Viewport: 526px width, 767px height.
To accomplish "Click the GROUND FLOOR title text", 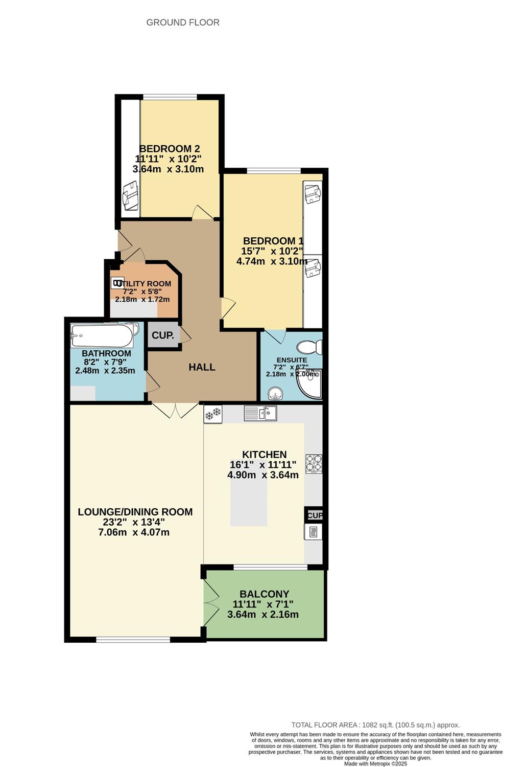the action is pyautogui.click(x=183, y=22).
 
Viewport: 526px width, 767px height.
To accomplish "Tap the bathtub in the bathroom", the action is pyautogui.click(x=102, y=335).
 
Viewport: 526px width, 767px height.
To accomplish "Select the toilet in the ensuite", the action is pyautogui.click(x=309, y=347).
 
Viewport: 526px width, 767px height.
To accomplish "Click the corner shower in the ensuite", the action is pyautogui.click(x=309, y=384).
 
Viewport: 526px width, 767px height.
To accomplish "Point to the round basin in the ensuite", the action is pyautogui.click(x=276, y=393).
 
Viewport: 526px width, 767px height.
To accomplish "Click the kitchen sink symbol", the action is pyautogui.click(x=260, y=413).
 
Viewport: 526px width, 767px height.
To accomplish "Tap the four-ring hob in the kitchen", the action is pyautogui.click(x=314, y=464).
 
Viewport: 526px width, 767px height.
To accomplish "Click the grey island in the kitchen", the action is pyautogui.click(x=249, y=492).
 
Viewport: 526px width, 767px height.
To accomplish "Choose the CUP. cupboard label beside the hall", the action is pyautogui.click(x=163, y=335).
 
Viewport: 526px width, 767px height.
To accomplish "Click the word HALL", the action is pyautogui.click(x=202, y=367).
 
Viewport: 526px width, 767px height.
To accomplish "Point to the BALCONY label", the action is pyautogui.click(x=265, y=594).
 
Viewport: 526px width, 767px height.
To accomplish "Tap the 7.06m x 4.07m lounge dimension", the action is pyautogui.click(x=134, y=532).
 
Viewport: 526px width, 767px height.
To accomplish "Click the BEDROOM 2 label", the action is pyautogui.click(x=170, y=149).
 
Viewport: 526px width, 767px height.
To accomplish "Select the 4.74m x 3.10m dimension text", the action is pyautogui.click(x=272, y=261).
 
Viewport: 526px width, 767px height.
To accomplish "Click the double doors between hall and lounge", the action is pyautogui.click(x=175, y=410).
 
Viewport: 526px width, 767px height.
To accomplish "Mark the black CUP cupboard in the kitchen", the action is pyautogui.click(x=314, y=515).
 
